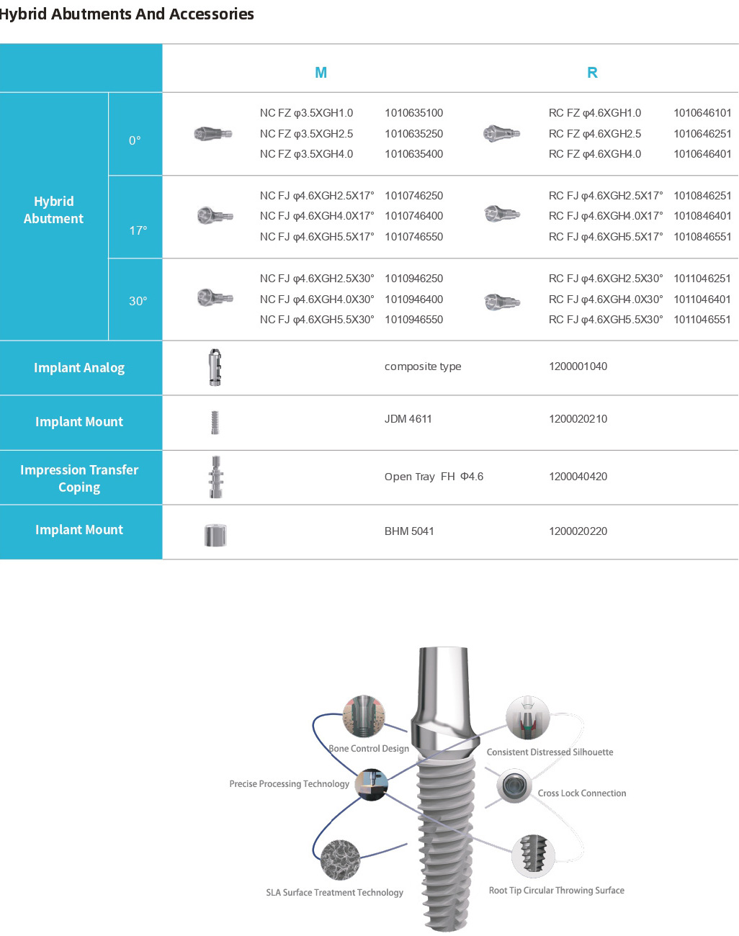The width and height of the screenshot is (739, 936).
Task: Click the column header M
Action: pos(321,73)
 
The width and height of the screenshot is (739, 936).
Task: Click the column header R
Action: pos(592,73)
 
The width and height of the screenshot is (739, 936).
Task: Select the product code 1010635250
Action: pos(413,134)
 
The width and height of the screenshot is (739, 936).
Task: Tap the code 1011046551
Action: pos(702,320)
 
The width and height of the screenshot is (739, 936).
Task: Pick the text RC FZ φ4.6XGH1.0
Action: pos(594,113)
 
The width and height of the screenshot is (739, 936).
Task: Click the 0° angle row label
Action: pos(135,140)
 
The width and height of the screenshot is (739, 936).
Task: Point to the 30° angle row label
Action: pos(138,301)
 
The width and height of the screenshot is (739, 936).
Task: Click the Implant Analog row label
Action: pos(79,368)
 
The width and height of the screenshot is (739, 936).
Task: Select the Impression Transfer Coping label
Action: pos(79,478)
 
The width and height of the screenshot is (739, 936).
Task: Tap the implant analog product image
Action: pos(215,367)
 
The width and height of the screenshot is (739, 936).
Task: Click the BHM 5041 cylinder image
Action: pos(215,534)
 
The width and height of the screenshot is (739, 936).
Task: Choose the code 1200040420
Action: pos(578,477)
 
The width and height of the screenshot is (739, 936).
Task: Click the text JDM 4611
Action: pos(408,419)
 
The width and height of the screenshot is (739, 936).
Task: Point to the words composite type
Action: pos(423,366)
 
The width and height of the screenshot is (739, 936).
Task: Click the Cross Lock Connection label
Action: pos(581,793)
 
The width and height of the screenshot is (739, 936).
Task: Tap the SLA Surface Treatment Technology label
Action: pos(334,893)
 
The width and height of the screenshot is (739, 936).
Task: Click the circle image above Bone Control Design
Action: pos(364,716)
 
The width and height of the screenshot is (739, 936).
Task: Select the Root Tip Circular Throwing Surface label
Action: pos(556,891)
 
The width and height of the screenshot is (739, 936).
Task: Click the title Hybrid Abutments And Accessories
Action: pos(127,14)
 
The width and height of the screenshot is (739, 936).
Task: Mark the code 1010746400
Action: pos(413,216)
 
